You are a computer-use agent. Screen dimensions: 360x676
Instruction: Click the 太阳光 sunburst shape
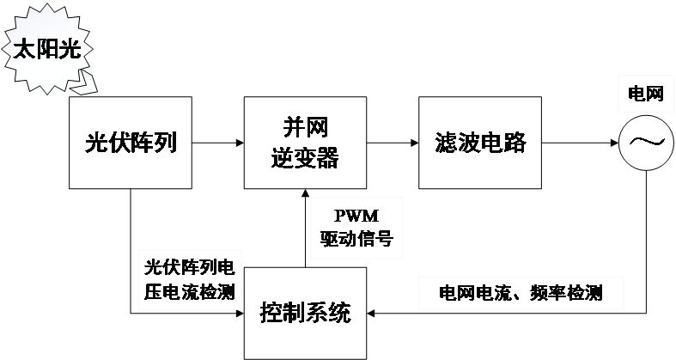46,50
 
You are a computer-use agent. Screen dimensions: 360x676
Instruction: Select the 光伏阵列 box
131,143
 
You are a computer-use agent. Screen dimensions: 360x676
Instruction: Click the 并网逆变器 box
305,143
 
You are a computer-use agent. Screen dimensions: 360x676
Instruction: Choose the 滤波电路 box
480,143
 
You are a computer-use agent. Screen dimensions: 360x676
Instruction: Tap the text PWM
355,216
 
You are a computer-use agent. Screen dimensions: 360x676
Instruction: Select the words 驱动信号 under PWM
355,238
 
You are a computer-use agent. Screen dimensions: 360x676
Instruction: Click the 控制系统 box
305,313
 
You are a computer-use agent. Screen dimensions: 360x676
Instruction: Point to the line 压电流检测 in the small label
190,291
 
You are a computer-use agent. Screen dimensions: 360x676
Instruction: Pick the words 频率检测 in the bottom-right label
566,293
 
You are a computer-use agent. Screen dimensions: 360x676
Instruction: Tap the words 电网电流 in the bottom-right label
471,293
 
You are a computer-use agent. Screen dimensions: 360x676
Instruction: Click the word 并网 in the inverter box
305,128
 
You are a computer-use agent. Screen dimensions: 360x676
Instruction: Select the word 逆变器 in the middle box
305,158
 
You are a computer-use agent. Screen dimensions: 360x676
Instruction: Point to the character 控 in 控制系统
271,313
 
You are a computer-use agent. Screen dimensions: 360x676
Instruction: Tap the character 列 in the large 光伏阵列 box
166,143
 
